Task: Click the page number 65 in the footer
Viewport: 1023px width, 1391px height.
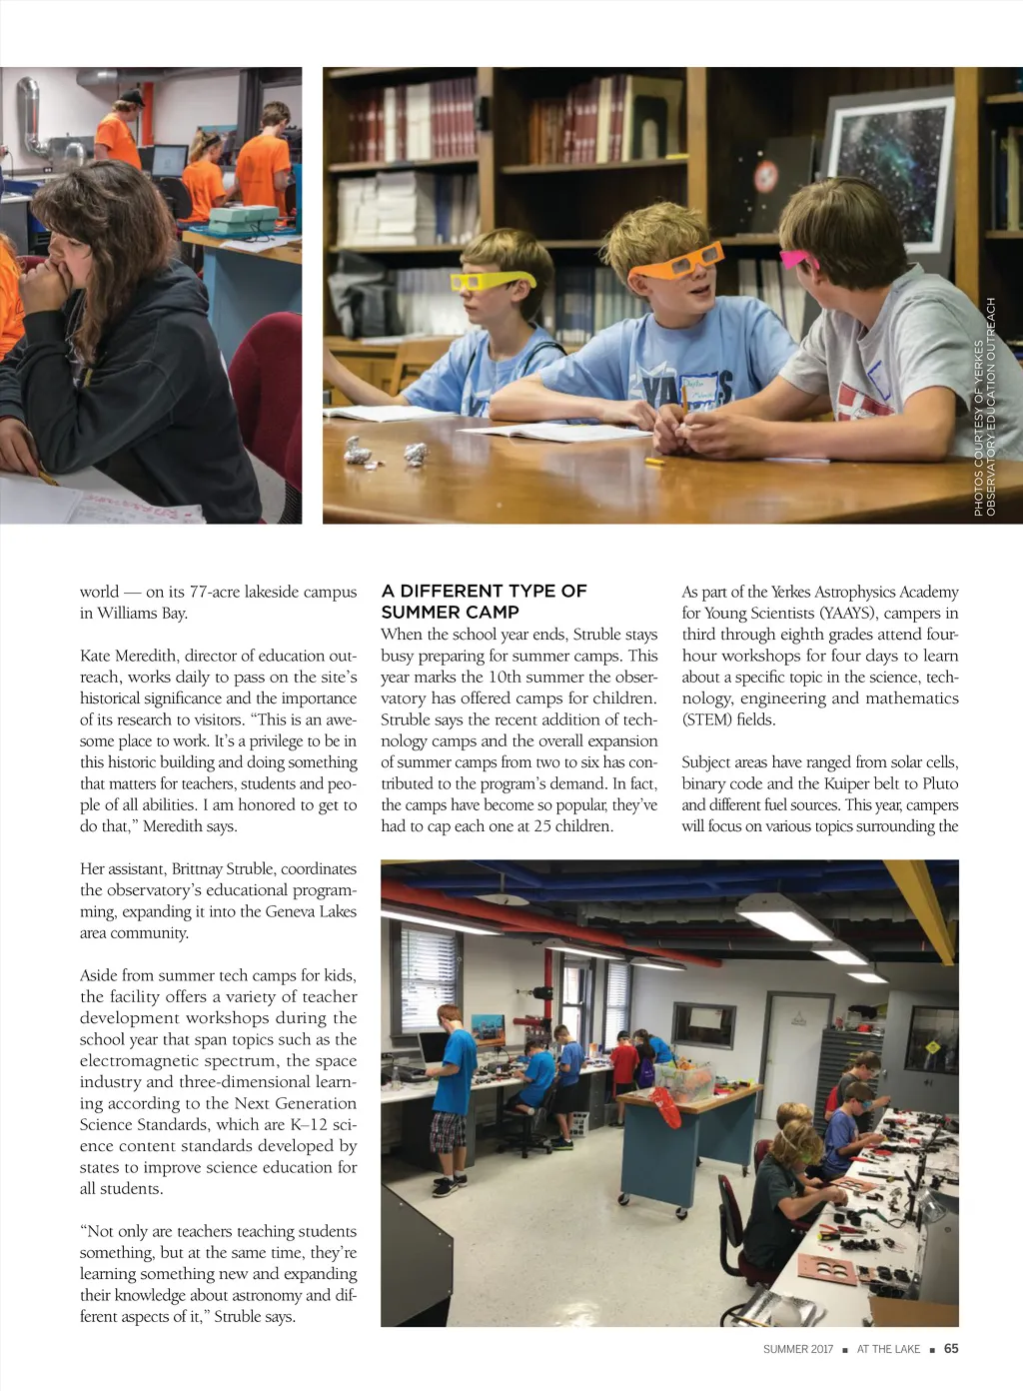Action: [951, 1349]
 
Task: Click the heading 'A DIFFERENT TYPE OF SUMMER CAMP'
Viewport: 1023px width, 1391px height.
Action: [484, 602]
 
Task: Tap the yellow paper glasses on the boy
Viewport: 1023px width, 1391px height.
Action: [490, 281]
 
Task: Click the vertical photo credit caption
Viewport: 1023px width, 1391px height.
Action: [985, 408]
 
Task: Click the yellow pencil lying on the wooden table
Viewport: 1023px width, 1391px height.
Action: [655, 462]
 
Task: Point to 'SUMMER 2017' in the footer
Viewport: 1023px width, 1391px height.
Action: [797, 1349]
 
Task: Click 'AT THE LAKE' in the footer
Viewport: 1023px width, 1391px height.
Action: [888, 1349]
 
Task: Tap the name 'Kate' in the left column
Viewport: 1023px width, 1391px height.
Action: [96, 656]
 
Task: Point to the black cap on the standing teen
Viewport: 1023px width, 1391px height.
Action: [130, 97]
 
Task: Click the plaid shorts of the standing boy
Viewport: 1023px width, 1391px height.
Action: [447, 1132]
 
